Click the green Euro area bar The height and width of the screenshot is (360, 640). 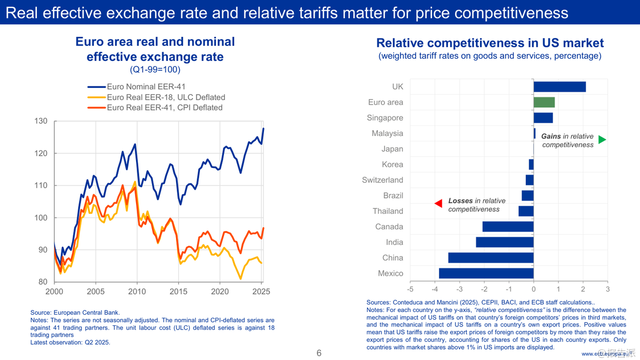544,102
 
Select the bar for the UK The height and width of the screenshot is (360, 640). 559,87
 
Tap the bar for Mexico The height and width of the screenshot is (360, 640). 486,273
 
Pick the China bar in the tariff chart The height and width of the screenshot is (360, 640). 491,258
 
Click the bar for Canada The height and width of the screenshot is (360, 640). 508,227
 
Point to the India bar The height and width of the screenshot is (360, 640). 505,242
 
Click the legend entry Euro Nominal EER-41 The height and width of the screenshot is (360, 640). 146,87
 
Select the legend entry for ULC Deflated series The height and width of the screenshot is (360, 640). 166,97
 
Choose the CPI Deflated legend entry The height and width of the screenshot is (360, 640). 164,107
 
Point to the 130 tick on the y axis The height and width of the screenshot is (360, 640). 42,122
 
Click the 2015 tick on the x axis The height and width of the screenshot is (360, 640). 179,292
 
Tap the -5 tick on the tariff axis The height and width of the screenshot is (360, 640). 410,289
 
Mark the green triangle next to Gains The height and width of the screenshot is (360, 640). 602,140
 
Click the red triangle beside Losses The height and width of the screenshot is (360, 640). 438,203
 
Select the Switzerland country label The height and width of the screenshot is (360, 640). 382,180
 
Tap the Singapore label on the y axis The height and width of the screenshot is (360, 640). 385,118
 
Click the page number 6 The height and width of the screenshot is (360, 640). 319,353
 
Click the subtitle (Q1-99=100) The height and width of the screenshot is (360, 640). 155,70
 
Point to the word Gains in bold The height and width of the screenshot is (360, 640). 551,137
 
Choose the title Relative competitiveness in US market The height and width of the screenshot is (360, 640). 490,43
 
